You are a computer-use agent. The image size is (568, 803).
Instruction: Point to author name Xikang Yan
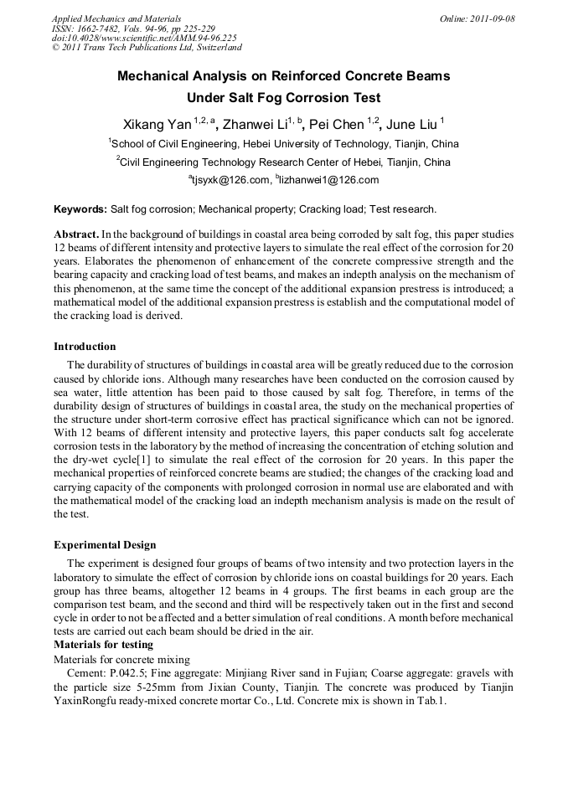(x=157, y=125)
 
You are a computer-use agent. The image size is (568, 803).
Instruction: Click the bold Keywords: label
(x=80, y=209)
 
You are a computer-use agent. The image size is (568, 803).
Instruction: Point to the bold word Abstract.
(x=76, y=234)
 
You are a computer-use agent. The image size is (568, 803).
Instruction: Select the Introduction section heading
(x=85, y=347)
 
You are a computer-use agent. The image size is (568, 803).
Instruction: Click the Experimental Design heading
(x=105, y=545)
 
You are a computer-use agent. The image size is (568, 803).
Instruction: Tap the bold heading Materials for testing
(x=103, y=645)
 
